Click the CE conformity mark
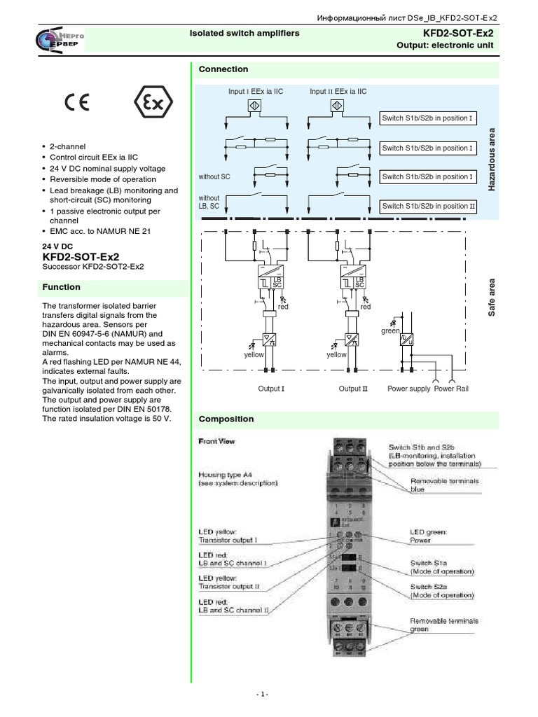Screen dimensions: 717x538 pos(77,104)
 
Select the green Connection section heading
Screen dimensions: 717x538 pos(223,69)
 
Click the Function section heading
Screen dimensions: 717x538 pos(61,287)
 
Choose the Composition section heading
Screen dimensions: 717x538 pos(226,419)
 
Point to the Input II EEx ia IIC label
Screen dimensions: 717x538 pos(338,91)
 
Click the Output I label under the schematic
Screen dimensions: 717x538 pos(271,389)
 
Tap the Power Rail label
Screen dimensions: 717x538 pos(451,389)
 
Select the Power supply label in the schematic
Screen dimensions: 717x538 pos(408,389)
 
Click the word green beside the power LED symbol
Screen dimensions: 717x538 pos(389,330)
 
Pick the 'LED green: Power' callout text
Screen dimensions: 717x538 pos(428,536)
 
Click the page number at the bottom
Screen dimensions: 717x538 pos(261,694)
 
